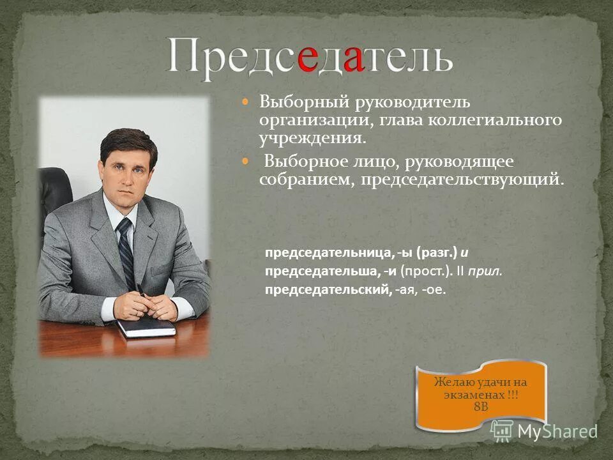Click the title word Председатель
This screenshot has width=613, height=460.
[x=310, y=58]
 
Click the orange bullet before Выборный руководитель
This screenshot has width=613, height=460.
[x=246, y=102]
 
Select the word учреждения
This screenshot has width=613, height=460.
[x=312, y=137]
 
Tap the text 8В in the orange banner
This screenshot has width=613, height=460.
[x=481, y=407]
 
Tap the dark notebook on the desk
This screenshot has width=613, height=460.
[x=146, y=328]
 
